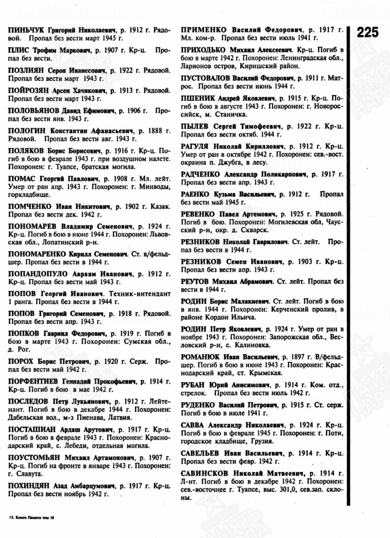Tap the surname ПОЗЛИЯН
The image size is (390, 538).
25,70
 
